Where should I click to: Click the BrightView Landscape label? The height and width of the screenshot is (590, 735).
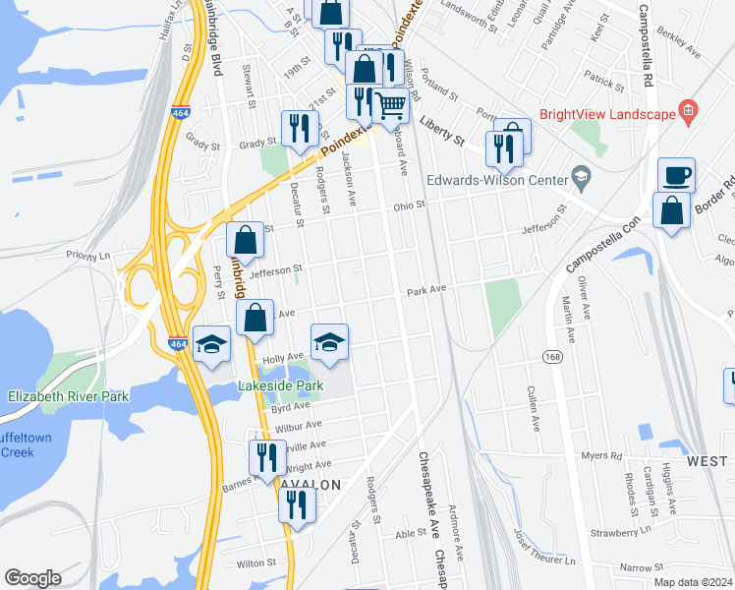[606, 113]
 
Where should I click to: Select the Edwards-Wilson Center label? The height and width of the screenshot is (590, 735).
[498, 180]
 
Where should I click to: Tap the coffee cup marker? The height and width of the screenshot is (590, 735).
[676, 176]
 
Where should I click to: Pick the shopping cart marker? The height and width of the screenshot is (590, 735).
[391, 105]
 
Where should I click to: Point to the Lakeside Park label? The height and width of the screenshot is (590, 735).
[281, 386]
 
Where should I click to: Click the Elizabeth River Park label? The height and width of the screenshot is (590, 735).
[68, 396]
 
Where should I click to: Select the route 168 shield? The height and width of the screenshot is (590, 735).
[556, 359]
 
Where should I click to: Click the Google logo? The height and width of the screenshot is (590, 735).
[32, 578]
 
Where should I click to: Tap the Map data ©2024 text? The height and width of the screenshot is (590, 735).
[693, 582]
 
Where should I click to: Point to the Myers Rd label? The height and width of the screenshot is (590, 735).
[602, 455]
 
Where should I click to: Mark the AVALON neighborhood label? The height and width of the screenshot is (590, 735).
[314, 485]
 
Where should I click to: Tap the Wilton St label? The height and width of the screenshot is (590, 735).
[255, 563]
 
